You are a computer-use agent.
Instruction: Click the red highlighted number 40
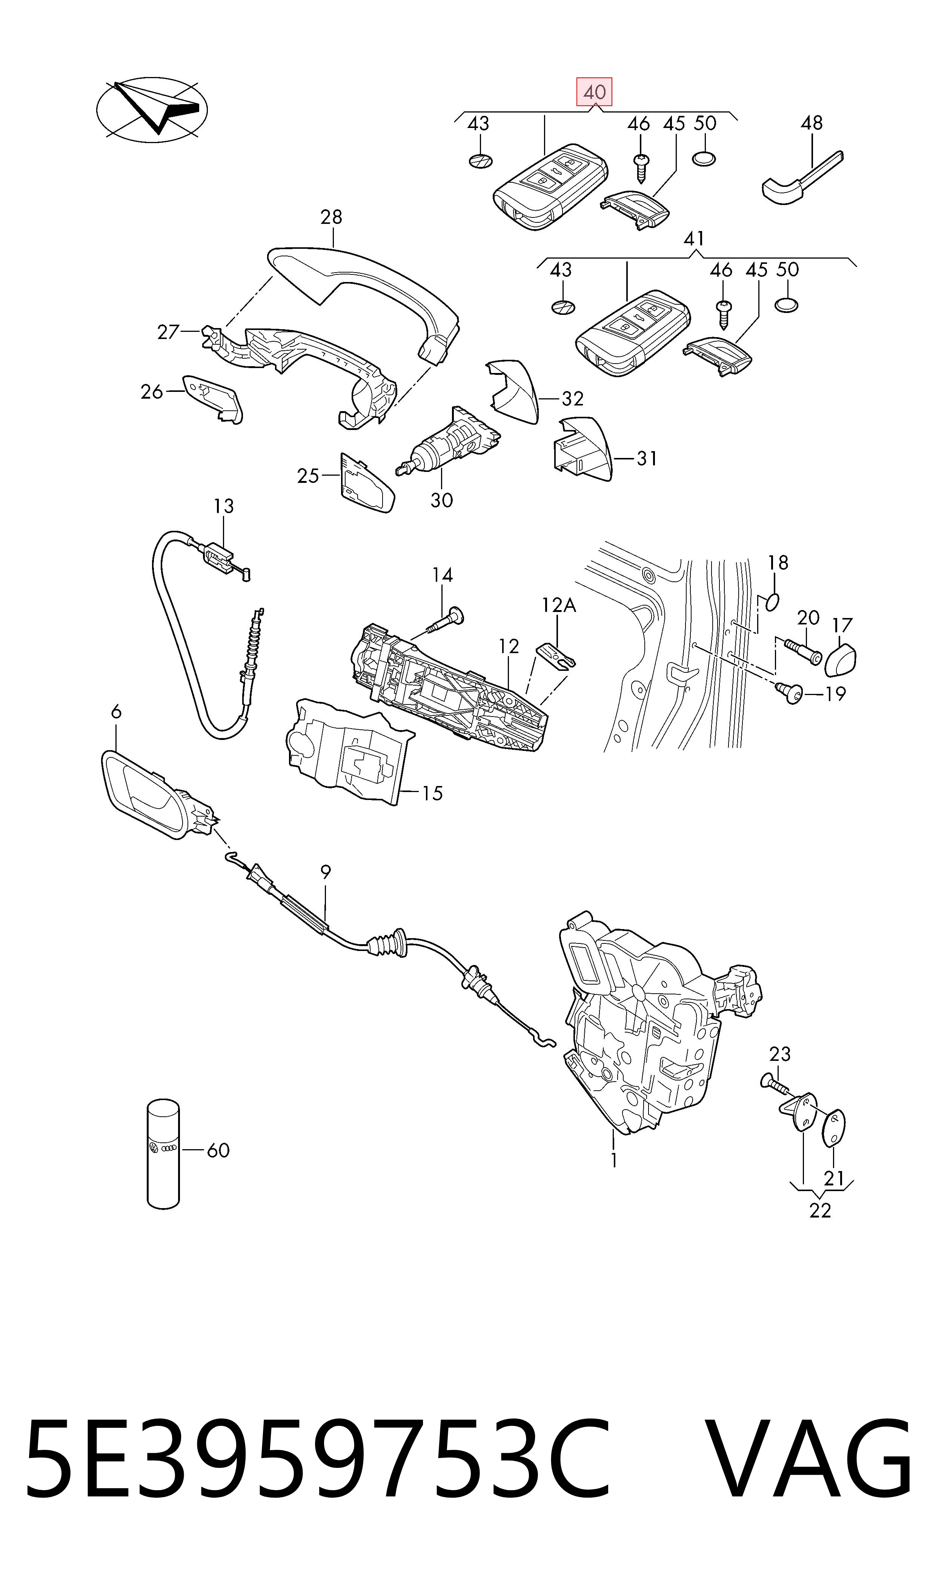coord(594,92)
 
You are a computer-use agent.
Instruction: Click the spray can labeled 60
coord(163,1155)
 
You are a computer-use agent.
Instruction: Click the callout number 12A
coord(559,605)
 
